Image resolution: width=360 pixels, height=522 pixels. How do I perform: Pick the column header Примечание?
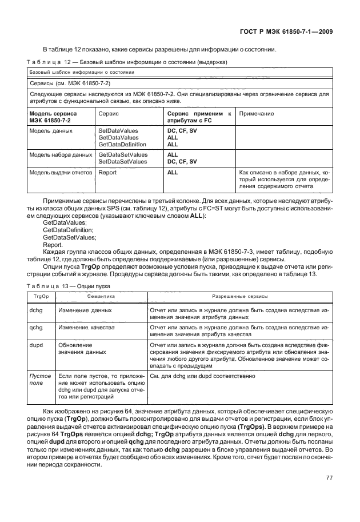tap(256, 114)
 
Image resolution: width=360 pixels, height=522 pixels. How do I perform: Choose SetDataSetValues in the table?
tap(123, 161)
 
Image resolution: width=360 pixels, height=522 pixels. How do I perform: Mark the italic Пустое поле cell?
tap(39, 380)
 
